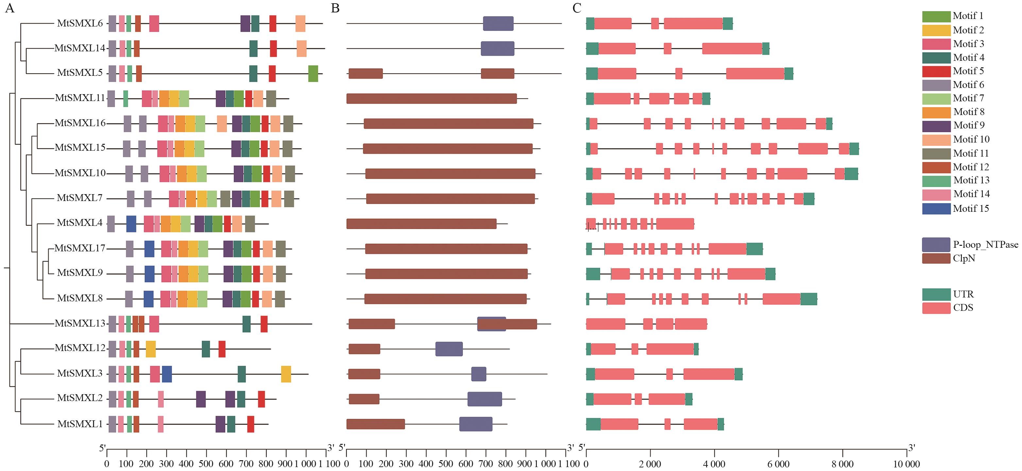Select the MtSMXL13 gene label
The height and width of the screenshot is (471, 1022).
coord(80,323)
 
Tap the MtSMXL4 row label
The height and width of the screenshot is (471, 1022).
coord(80,223)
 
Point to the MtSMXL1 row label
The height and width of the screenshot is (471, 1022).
coord(80,424)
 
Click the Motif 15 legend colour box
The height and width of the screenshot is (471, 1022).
coord(936,209)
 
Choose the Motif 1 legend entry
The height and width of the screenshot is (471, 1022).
coord(968,16)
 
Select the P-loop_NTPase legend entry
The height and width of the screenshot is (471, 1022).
coord(985,244)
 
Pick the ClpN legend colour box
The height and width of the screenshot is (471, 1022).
coord(936,258)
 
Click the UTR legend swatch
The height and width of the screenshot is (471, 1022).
coord(936,294)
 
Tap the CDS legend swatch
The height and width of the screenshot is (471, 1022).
coord(936,308)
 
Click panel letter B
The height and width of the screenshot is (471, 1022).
coord(335,8)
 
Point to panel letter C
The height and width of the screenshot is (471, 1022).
coord(577,8)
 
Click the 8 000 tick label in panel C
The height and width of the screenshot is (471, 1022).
coord(842,463)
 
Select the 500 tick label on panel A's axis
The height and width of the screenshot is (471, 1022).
coord(206,463)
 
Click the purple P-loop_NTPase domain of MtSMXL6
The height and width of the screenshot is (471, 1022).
coord(498,24)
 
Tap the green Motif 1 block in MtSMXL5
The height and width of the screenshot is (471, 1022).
coord(313,74)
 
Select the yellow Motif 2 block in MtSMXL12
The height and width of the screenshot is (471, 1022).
coord(151,349)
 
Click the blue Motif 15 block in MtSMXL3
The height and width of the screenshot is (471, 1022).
coord(167,374)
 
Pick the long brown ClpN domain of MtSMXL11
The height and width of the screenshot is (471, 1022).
coord(431,98)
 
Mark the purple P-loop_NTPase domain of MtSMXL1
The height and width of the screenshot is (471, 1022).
coord(476,424)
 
